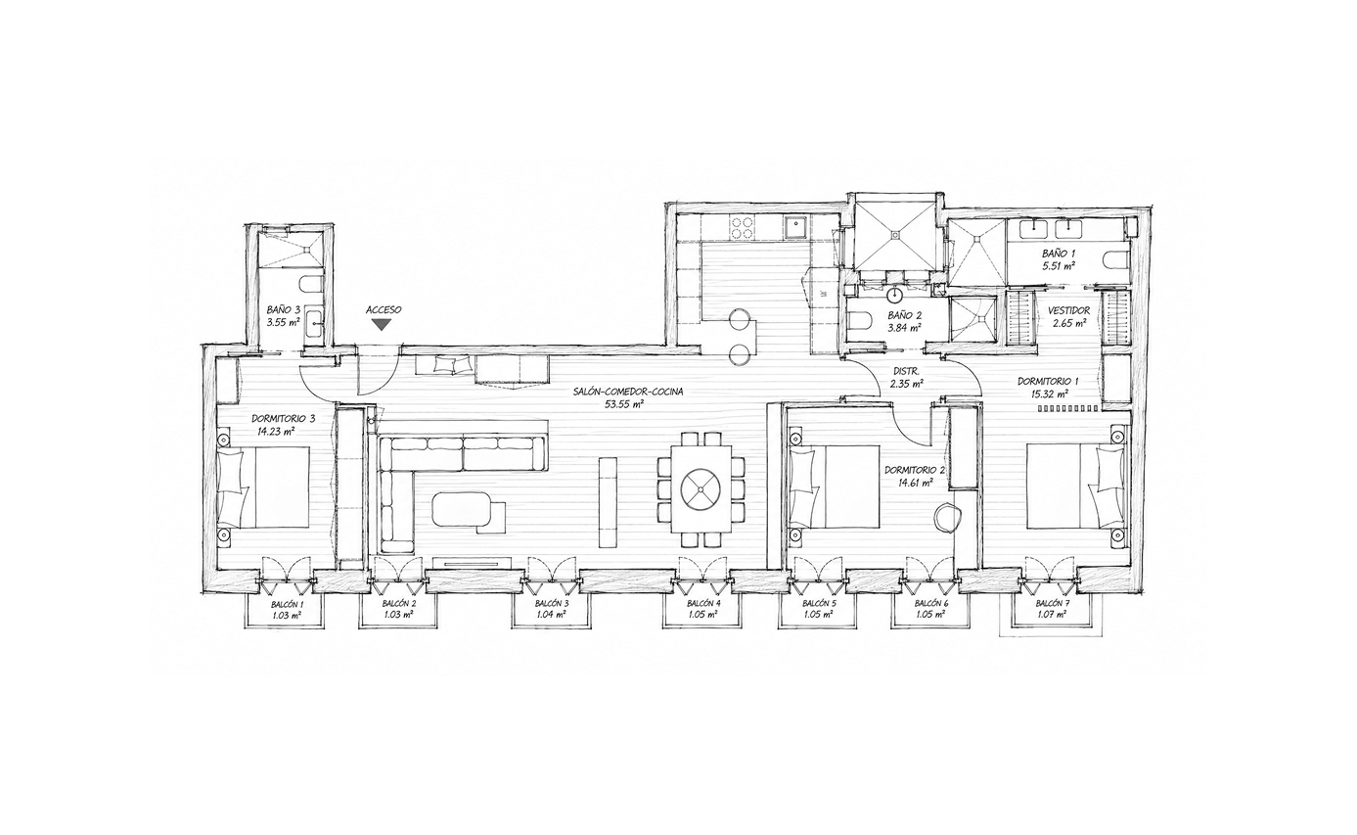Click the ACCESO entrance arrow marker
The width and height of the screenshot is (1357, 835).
381,325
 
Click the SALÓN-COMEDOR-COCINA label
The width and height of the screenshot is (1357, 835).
628,393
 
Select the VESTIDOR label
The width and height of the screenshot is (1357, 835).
1068,310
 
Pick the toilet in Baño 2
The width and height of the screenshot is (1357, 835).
860,319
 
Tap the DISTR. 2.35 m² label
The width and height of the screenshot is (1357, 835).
906,377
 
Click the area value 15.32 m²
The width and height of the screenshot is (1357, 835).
1051,393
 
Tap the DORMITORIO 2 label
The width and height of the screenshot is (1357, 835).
915,470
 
